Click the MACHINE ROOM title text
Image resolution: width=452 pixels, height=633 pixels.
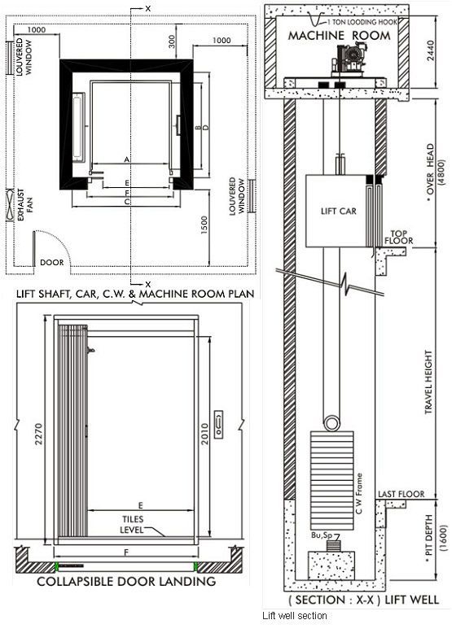(345, 36)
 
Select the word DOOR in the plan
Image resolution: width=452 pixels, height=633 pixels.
(51, 263)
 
